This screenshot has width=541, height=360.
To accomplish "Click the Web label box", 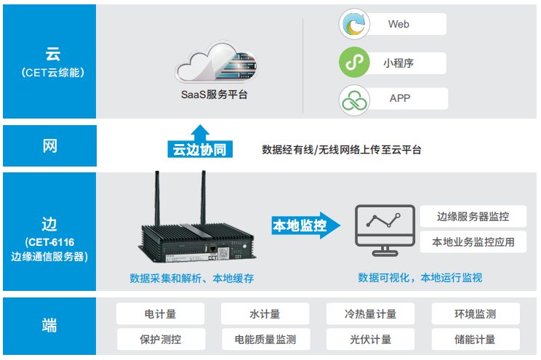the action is (x=406, y=24).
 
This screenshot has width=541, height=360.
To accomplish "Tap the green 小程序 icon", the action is (x=354, y=62).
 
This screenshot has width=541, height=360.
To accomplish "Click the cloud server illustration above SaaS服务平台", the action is (x=217, y=62).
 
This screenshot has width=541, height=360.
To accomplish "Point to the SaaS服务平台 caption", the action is (x=215, y=95).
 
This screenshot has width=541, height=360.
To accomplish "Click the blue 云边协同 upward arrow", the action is (x=200, y=141).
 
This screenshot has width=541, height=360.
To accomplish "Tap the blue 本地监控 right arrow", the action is (x=306, y=225).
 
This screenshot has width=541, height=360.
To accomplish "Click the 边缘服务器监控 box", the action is (x=473, y=217).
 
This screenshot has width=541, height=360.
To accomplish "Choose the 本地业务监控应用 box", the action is (x=473, y=242).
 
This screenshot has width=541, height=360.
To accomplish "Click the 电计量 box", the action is (x=161, y=313).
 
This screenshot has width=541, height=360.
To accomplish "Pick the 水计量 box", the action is (x=265, y=313).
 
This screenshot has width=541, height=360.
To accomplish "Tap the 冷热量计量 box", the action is (x=370, y=313).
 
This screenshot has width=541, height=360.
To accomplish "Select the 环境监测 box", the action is (x=476, y=313).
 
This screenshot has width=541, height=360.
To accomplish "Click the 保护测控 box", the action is (x=161, y=340).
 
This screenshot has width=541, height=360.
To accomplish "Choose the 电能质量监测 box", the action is (x=265, y=340).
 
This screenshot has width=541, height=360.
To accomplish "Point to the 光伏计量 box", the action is (x=370, y=340).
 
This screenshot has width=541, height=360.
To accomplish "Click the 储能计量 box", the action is (x=476, y=340).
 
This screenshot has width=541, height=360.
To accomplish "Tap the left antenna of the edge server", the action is (x=157, y=199).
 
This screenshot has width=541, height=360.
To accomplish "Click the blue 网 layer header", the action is (x=49, y=145).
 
